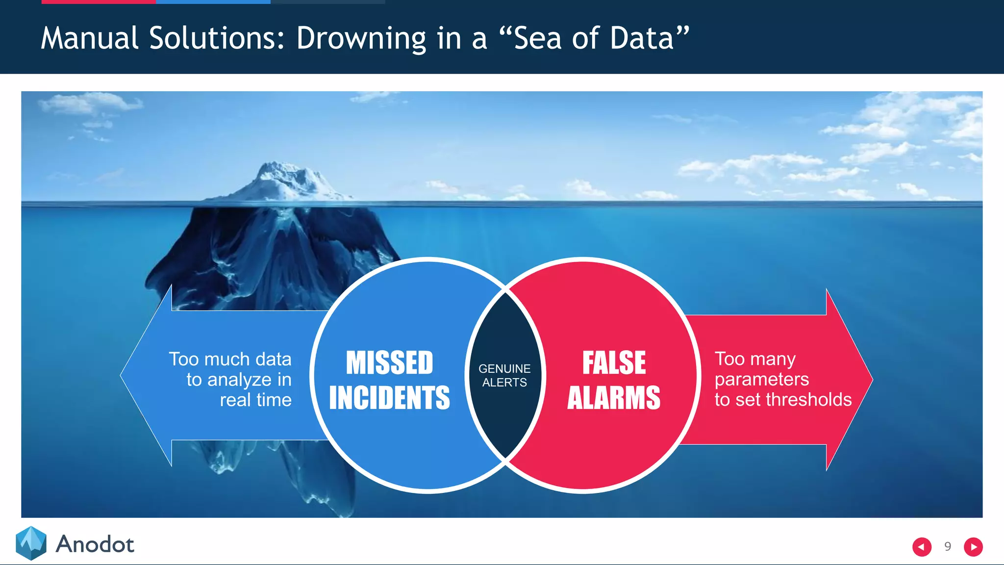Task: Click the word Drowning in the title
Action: pos(361,38)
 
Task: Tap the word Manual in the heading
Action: pos(90,38)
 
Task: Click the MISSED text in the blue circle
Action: pos(390,362)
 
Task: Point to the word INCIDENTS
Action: pos(390,397)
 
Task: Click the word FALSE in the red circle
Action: pos(614,362)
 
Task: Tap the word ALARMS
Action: pos(614,397)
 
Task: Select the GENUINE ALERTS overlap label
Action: pos(504,375)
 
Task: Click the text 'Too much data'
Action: pos(230,359)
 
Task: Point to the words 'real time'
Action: pos(255,400)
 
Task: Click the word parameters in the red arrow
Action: pos(761,379)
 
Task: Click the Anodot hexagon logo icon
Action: pos(31,543)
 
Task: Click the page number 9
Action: pos(948,546)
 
